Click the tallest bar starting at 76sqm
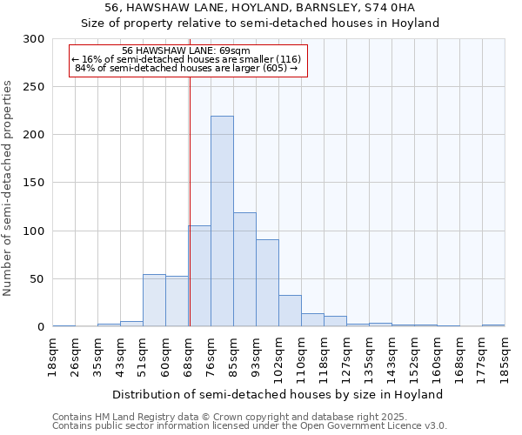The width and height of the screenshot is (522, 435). tap(222, 221)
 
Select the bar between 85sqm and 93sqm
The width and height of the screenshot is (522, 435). tap(244, 270)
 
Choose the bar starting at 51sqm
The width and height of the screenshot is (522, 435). tap(154, 300)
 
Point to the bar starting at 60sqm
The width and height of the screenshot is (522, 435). tap(177, 301)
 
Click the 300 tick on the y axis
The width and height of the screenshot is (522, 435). tap(33, 39)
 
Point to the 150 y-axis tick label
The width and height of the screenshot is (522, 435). tap(33, 184)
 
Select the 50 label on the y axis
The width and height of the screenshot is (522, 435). tap(37, 279)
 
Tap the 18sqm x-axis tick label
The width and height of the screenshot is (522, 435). tap(52, 356)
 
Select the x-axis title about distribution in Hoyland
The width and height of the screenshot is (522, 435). tap(278, 394)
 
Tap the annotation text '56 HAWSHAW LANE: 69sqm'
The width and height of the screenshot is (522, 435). tap(186, 50)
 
